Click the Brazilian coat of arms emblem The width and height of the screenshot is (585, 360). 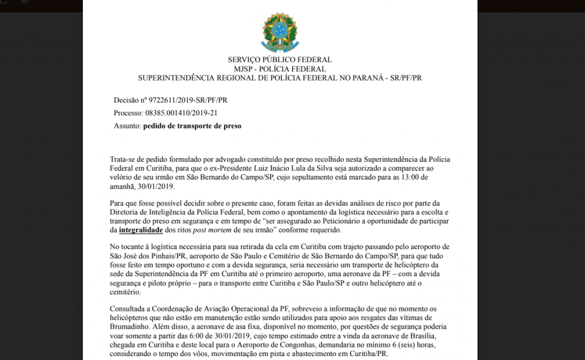[x=280, y=31]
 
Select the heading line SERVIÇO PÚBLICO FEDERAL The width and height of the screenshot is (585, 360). [x=279, y=59]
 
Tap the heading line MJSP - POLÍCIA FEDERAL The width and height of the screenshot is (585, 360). [x=279, y=69]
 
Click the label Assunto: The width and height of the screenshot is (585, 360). [x=127, y=126]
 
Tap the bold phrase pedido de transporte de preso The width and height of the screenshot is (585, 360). [x=192, y=126]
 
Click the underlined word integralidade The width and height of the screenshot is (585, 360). [x=141, y=230]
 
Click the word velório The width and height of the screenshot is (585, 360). [x=122, y=178]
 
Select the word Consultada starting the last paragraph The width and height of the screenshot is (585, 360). [x=129, y=309]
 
